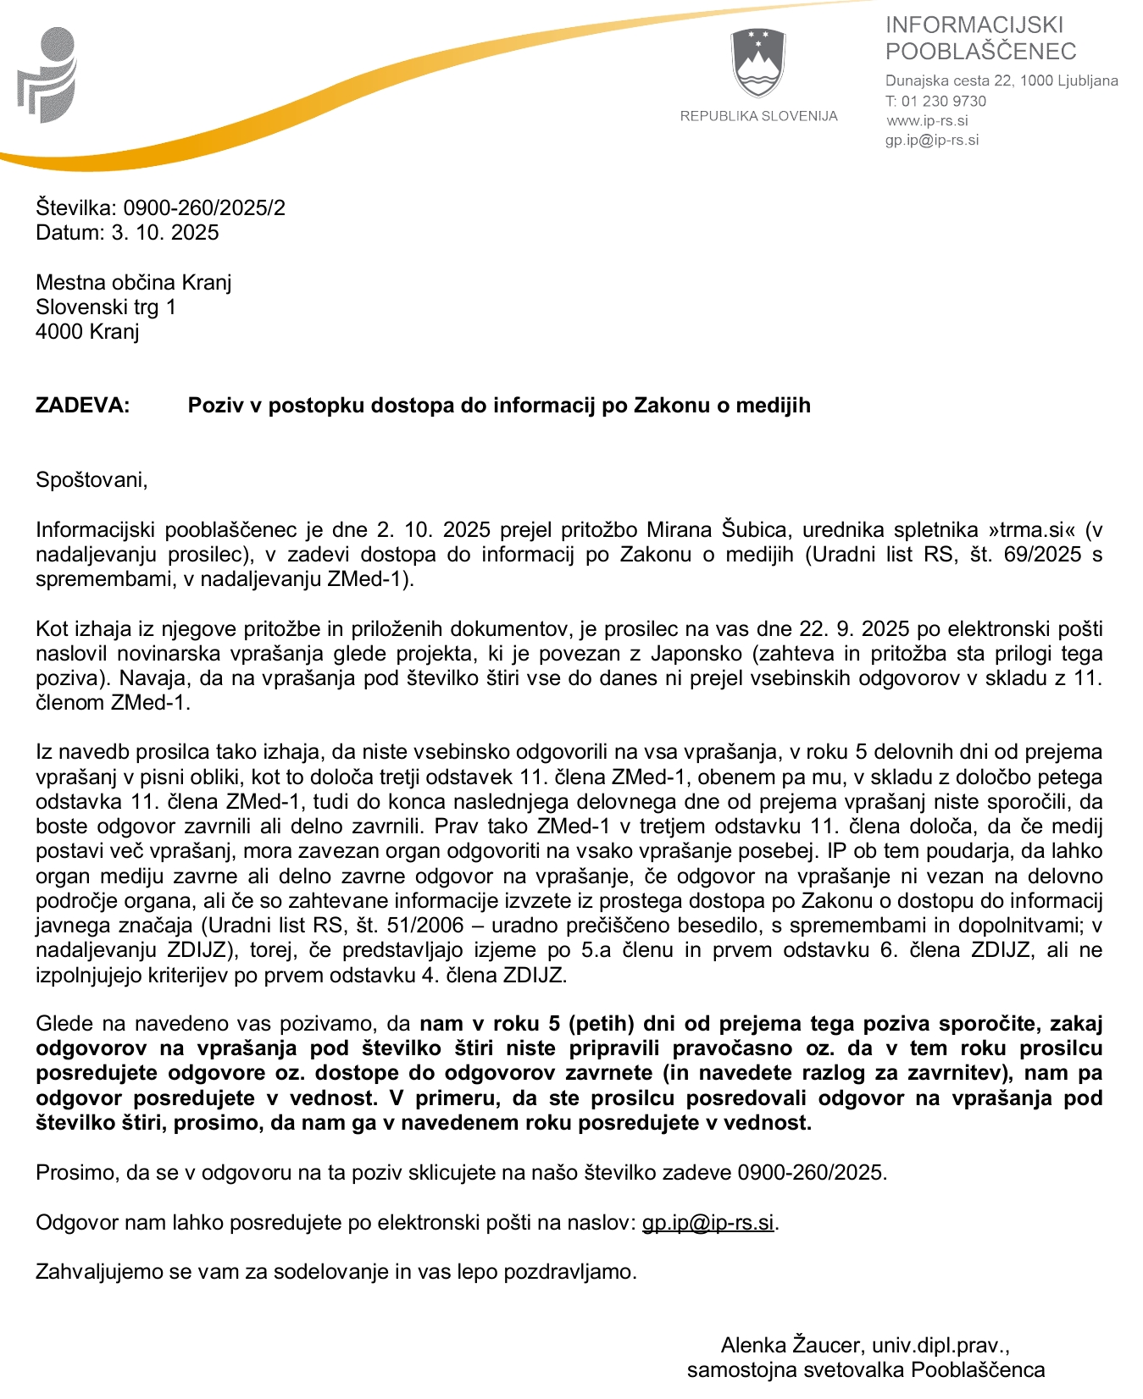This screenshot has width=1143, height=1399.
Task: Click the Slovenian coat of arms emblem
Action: pyautogui.click(x=758, y=64)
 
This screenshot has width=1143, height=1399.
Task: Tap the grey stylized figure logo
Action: pyautogui.click(x=47, y=75)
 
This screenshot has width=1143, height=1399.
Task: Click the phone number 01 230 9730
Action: pyautogui.click(x=944, y=101)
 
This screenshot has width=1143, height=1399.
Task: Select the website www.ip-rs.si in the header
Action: pyautogui.click(x=928, y=120)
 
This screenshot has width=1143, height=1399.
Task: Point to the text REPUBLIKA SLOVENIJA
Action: pyautogui.click(x=758, y=116)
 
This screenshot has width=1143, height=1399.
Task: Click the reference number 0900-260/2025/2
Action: pyautogui.click(x=204, y=208)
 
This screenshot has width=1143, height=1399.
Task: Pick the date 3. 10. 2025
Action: pyautogui.click(x=165, y=233)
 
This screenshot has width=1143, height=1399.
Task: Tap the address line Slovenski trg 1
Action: pyautogui.click(x=106, y=307)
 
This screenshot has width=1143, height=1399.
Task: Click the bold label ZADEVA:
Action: pyautogui.click(x=83, y=406)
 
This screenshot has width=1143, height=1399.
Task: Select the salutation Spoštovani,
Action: pyautogui.click(x=92, y=480)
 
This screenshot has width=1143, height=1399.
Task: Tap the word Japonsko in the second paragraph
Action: pyautogui.click(x=746, y=654)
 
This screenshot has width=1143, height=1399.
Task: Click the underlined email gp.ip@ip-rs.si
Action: pyautogui.click(x=707, y=1223)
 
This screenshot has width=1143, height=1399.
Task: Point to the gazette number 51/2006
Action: pyautogui.click(x=425, y=926)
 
